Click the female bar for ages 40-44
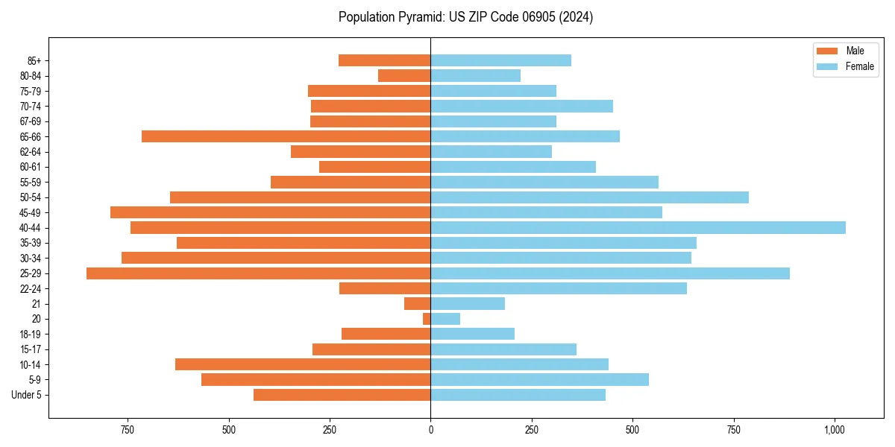point(638,227)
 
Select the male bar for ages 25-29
point(258,273)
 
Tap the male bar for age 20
point(427,319)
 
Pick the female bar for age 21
point(468,304)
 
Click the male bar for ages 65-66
point(286,136)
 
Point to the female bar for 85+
point(500,60)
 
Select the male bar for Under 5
point(342,395)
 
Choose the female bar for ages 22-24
point(559,288)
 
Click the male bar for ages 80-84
point(404,75)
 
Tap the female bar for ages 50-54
point(589,197)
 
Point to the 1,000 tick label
point(835,430)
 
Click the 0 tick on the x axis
point(430,430)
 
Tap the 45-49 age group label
point(31,212)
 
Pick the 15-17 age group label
point(31,349)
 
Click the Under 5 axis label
point(27,395)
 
